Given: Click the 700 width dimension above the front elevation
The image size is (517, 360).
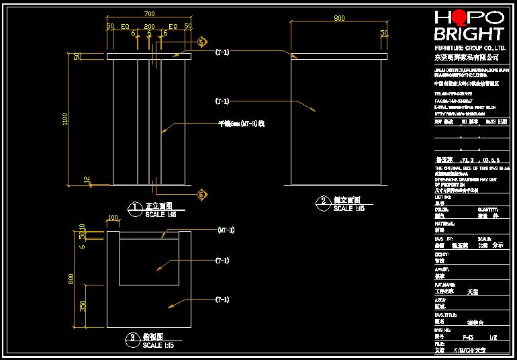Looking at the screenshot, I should tap(149, 13).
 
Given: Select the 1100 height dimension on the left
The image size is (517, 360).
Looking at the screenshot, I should tap(65, 119).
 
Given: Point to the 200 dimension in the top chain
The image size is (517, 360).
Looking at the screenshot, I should tap(149, 26).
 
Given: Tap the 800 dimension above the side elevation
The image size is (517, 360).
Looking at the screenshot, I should tap(339, 17).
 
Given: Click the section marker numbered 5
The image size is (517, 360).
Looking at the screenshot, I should tap(201, 42).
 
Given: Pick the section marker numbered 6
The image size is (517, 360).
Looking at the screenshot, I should tap(201, 195).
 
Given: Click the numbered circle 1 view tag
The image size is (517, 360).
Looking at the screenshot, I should tap(135, 208).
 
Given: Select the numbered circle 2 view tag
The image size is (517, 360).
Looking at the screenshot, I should tap(323, 201).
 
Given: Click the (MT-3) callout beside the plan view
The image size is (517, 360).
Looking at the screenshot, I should tap(226, 230).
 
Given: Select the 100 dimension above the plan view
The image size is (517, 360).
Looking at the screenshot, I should tap(113, 218).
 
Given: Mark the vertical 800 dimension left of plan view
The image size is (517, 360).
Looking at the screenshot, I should tap(71, 278).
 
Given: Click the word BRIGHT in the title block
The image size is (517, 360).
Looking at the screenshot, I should tap(469, 34).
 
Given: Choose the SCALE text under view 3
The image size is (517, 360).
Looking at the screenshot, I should tap(158, 345).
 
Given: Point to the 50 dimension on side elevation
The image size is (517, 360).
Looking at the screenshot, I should tap(384, 33).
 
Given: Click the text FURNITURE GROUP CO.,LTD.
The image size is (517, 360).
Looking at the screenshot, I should tap(469, 48).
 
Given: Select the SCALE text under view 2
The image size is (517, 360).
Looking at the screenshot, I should tap(348, 209).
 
